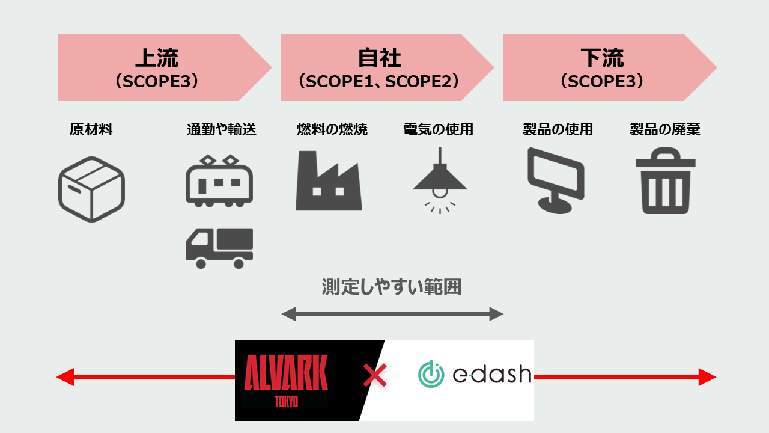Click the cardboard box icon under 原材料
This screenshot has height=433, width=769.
click(x=91, y=189)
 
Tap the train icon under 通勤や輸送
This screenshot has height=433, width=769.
click(x=219, y=182)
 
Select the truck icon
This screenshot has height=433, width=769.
click(x=219, y=248)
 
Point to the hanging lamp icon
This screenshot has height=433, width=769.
click(x=440, y=179)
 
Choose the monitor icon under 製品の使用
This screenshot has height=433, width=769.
click(x=556, y=180)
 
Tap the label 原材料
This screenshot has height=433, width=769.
click(x=91, y=129)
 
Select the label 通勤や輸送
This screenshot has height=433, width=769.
click(x=221, y=129)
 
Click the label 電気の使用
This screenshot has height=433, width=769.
click(x=438, y=129)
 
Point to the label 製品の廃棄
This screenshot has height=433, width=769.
click(x=665, y=129)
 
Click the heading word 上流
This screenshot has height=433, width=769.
click(x=157, y=58)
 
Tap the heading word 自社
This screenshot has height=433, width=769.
click(x=379, y=58)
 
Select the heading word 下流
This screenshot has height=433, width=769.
click(x=602, y=58)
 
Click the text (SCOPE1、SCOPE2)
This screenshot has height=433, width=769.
click(x=379, y=81)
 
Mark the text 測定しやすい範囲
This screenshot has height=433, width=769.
click(x=392, y=287)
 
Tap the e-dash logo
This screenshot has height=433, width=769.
click(x=475, y=374)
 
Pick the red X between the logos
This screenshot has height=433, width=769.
click(x=375, y=377)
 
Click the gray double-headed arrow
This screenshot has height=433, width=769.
click(x=392, y=313)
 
